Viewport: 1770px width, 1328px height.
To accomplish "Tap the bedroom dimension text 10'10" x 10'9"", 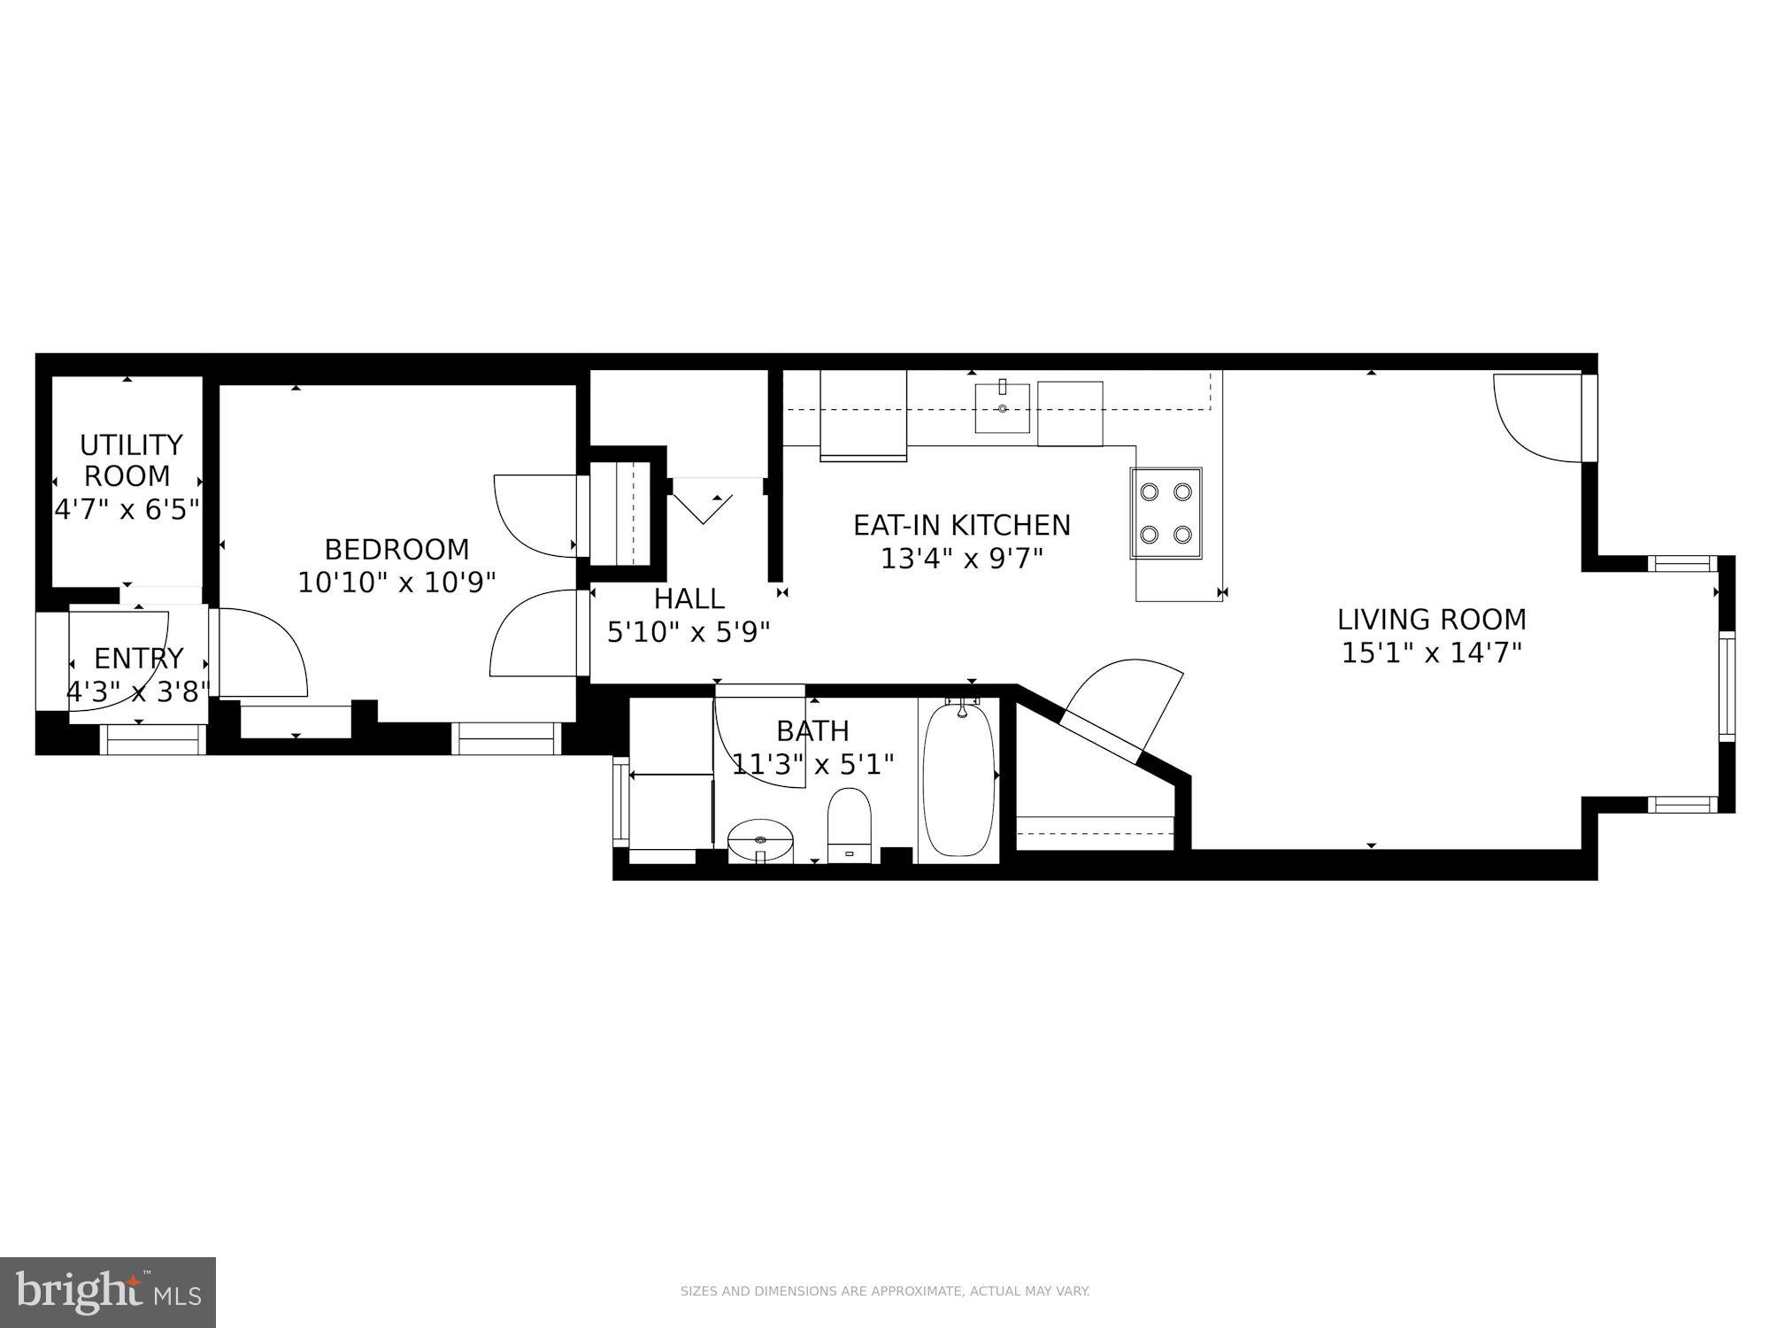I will pos(396,583).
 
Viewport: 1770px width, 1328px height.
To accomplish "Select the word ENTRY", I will pos(139,659).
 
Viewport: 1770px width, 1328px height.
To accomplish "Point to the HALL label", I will pos(689,599).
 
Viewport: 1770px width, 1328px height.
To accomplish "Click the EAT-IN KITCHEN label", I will pos(961,525).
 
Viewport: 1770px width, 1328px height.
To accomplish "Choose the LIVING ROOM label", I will pos(1431,619).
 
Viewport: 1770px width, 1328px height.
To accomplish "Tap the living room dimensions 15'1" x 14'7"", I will pos(1431,653).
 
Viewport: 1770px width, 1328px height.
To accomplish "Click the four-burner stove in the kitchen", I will pos(1166,513).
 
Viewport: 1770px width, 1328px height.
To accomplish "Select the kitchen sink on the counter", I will pos(1002,408).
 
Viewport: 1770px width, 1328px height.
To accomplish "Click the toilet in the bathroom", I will pos(850,823).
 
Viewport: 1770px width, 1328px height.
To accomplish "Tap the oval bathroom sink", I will pos(760,838).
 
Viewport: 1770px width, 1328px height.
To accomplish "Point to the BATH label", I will pos(812,731).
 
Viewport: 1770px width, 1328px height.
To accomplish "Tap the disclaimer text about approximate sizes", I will pos(884,1292).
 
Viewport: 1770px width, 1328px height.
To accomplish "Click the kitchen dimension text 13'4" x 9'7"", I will pos(961,560).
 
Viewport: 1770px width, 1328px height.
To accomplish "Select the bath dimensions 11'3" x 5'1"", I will pos(812,764).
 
